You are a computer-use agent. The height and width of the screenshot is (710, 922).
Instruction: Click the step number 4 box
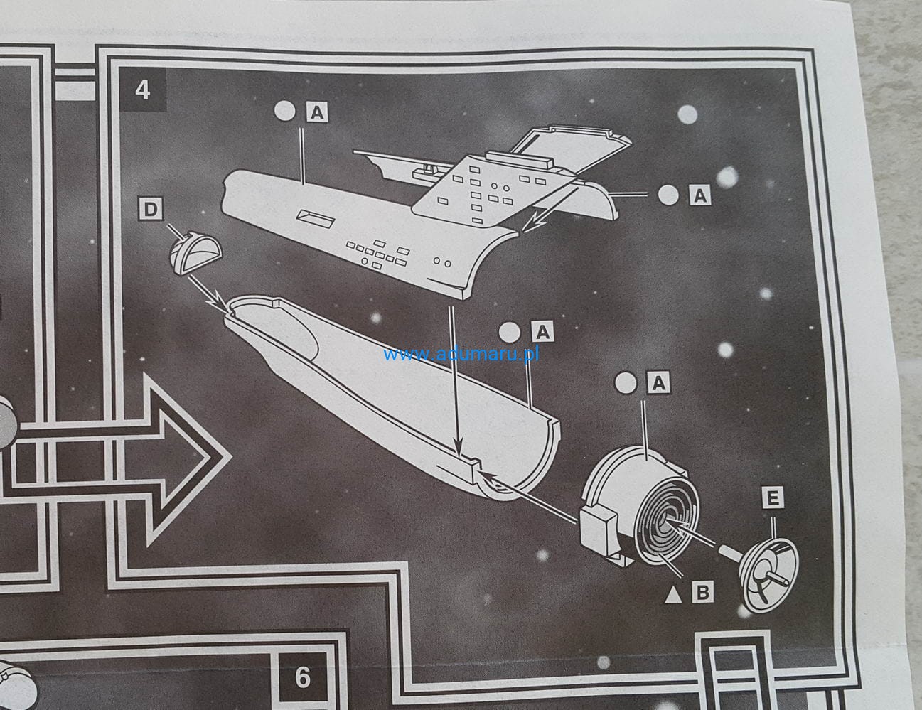(143, 91)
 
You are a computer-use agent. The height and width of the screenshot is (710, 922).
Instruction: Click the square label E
(773, 498)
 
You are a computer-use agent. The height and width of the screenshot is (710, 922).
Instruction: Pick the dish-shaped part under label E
(768, 569)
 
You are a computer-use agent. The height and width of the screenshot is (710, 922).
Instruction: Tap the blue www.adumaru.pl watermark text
(461, 353)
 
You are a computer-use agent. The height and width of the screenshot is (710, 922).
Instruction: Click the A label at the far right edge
(699, 195)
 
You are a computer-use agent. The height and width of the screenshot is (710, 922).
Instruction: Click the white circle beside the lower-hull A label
(510, 331)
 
